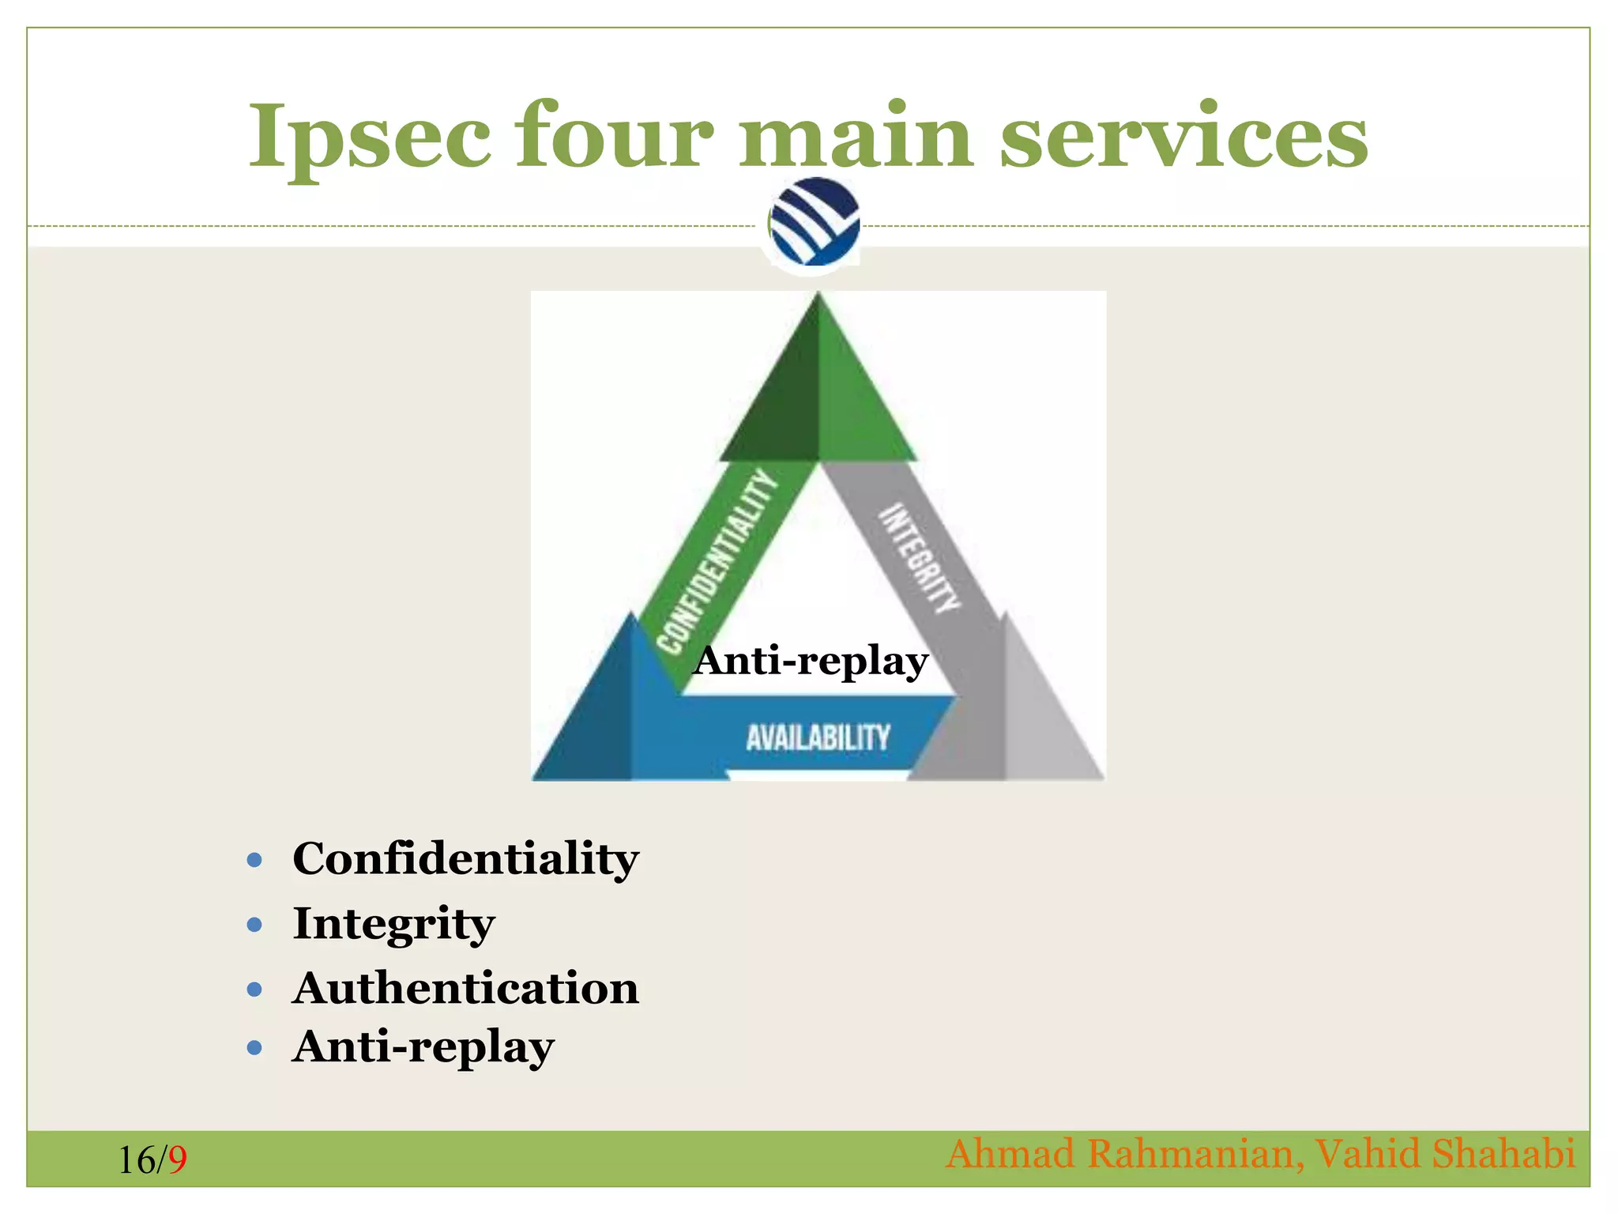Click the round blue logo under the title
click(x=814, y=222)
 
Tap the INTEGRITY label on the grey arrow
click(x=921, y=558)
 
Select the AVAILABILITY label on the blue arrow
click(x=818, y=737)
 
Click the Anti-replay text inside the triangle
click(x=811, y=661)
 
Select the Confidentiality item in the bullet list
click(x=465, y=858)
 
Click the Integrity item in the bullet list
click(x=393, y=923)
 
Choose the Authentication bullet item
click(x=465, y=988)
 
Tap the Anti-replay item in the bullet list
click(x=423, y=1047)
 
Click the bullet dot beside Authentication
click(x=254, y=989)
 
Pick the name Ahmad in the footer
click(x=1010, y=1153)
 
